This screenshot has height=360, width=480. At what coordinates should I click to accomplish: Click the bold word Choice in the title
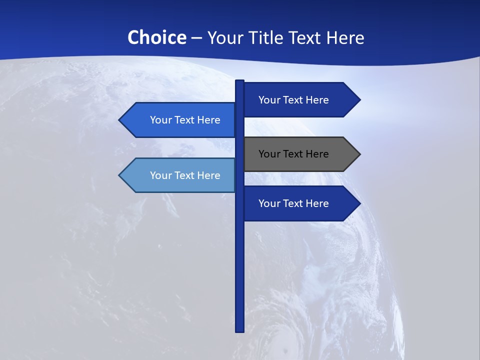tap(156, 37)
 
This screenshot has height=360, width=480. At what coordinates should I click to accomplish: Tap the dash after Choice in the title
tap(197, 38)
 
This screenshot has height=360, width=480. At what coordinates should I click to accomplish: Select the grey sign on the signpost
tap(295, 154)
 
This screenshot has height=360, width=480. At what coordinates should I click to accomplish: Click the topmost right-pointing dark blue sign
tap(295, 100)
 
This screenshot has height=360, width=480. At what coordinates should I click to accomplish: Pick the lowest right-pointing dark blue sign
tap(295, 203)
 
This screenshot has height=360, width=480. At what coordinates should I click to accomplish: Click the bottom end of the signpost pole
tap(240, 330)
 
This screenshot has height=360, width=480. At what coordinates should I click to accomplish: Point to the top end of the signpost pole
tap(240, 81)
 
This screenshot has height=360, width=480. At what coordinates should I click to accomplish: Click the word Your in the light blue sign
tap(160, 175)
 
